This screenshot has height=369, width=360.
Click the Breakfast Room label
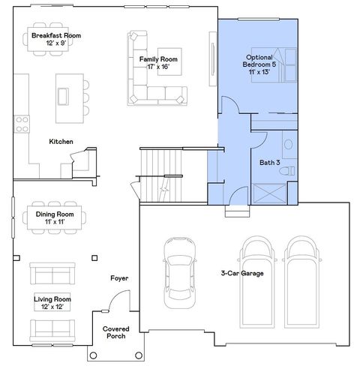pos(56,39)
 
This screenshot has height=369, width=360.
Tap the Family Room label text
pos(158,62)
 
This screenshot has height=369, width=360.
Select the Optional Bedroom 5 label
pos(259,64)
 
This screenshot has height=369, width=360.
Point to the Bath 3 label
pos(269,162)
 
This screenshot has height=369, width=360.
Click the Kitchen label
pos(61,142)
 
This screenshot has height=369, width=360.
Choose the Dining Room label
pos(56,217)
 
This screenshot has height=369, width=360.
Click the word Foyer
pos(119,278)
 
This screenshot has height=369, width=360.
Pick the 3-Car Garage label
pos(242,273)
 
